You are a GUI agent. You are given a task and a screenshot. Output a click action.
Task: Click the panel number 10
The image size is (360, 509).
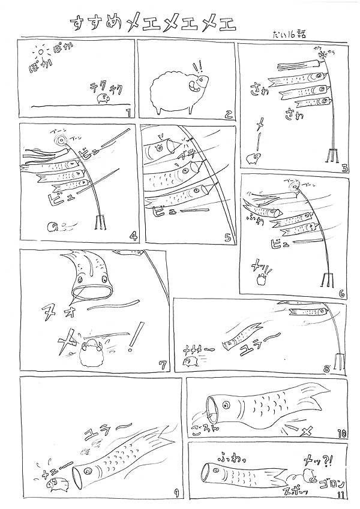coord(341,432)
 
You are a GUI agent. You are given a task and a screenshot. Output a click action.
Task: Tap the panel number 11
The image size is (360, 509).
coord(341,495)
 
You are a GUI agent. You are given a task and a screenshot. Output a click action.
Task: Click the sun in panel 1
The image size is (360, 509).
coord(41,57)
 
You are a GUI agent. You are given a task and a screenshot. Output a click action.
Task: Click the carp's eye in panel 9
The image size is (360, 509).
coord(87,471)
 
